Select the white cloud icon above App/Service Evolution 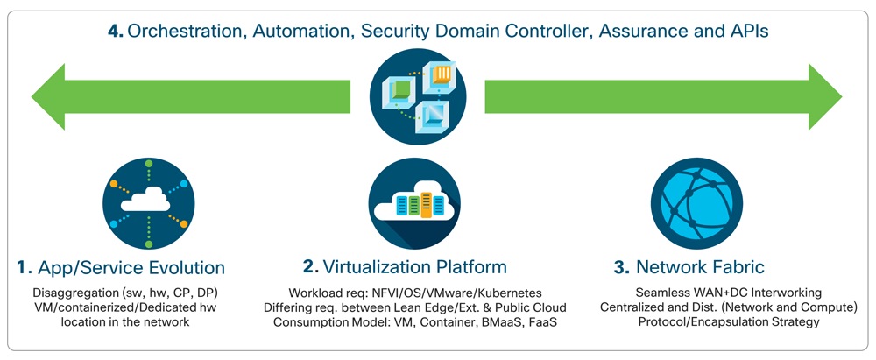[145, 201]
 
